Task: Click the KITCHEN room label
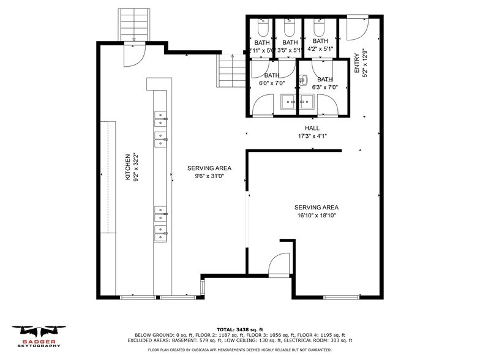point(127,167)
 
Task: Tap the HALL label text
point(312,129)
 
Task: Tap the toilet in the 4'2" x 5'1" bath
point(319,28)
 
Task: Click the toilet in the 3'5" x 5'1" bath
point(290,28)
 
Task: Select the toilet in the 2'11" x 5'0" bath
point(263,28)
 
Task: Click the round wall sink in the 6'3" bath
point(303,80)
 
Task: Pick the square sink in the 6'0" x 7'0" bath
point(288,102)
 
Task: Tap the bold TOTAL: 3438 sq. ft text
point(240,329)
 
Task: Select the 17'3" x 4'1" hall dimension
point(312,136)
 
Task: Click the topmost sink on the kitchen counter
point(160,114)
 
